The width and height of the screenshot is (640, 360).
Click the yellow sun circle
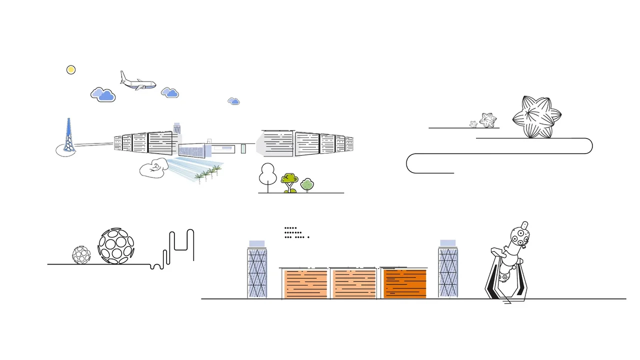coord(71,70)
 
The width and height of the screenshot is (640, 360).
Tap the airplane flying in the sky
coord(137,83)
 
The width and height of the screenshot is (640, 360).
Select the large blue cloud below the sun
coord(103,94)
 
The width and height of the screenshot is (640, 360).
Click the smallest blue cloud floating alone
coord(233,101)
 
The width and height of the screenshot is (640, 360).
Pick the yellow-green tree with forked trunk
coord(289,181)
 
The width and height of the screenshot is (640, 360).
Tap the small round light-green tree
coord(307,185)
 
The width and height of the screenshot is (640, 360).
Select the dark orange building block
coord(405,283)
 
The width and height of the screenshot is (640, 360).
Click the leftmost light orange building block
coord(305,283)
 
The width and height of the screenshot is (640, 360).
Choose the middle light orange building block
coord(354,283)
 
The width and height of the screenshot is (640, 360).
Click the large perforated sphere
coord(116,246)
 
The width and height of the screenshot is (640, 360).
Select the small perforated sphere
coord(81,254)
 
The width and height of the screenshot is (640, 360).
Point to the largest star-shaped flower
coord(537,117)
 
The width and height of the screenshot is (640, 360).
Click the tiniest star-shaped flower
coord(473,124)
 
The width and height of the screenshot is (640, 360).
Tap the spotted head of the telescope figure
coord(519,236)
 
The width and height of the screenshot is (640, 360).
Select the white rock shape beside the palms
coord(154,168)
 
